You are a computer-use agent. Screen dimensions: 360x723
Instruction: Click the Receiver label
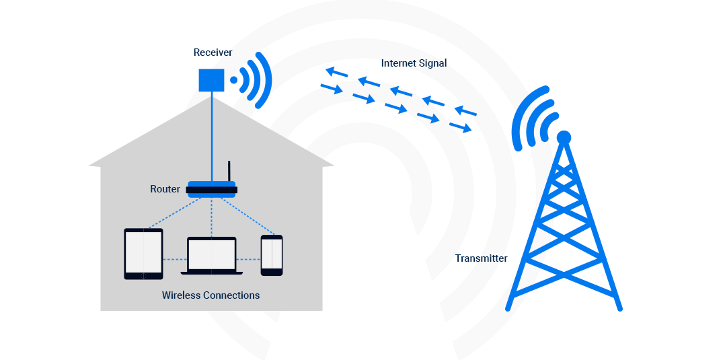click(x=213, y=52)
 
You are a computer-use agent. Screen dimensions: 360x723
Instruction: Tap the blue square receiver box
click(x=211, y=80)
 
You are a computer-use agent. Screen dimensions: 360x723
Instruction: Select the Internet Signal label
click(x=414, y=63)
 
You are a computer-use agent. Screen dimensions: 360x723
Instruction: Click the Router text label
click(x=165, y=189)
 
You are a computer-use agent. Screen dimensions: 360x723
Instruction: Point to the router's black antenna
click(x=229, y=171)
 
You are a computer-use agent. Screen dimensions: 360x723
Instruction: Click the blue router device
click(x=211, y=189)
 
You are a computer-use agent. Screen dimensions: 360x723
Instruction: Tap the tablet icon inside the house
click(x=143, y=254)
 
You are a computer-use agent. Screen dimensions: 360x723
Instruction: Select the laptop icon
click(x=211, y=256)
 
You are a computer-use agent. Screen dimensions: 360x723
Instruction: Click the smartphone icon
click(x=272, y=255)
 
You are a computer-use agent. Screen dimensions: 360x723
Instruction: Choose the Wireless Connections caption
click(x=211, y=295)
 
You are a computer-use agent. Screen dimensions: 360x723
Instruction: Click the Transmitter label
click(x=481, y=258)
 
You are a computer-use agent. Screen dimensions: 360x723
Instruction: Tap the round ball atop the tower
click(x=564, y=137)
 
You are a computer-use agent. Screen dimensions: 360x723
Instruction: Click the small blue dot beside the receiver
click(x=234, y=80)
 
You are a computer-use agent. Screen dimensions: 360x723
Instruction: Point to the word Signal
click(x=431, y=63)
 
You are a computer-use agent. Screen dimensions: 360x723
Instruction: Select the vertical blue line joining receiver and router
click(x=211, y=135)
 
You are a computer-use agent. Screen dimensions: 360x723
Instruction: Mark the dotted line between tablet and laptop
click(x=174, y=259)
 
